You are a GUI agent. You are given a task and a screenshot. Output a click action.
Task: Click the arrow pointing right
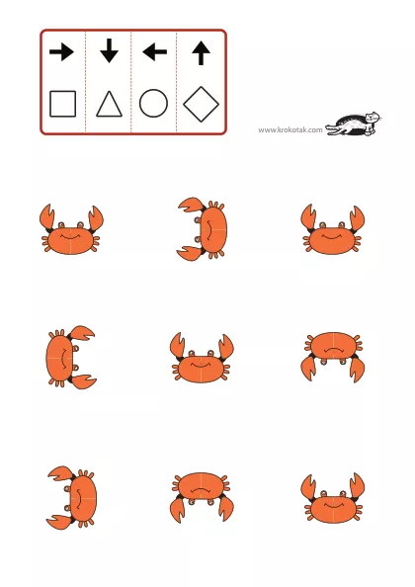[x=61, y=51]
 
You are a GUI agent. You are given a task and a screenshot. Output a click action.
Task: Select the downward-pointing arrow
[x=109, y=50]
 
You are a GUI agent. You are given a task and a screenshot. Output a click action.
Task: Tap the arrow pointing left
[x=154, y=51]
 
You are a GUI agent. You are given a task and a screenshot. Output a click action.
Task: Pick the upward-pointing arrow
[x=201, y=52]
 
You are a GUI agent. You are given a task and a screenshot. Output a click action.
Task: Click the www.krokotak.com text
[x=290, y=129]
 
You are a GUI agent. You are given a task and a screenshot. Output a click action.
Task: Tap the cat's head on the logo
[x=373, y=118]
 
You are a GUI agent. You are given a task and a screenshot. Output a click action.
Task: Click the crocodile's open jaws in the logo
[x=332, y=129]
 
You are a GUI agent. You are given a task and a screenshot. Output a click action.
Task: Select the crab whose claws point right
[x=71, y=357]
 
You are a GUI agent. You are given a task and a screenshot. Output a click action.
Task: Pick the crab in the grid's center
[x=202, y=358]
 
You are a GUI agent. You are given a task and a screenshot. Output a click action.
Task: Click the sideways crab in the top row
[x=203, y=228]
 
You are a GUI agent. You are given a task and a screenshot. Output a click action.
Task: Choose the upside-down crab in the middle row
[x=333, y=357]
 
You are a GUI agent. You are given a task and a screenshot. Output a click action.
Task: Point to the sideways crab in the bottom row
[x=72, y=497]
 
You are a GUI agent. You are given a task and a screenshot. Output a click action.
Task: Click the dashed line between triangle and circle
[x=131, y=82]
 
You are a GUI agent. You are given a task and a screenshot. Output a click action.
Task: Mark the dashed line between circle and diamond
[x=176, y=82]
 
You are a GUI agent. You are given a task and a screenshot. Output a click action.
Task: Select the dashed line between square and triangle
[x=86, y=82]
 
